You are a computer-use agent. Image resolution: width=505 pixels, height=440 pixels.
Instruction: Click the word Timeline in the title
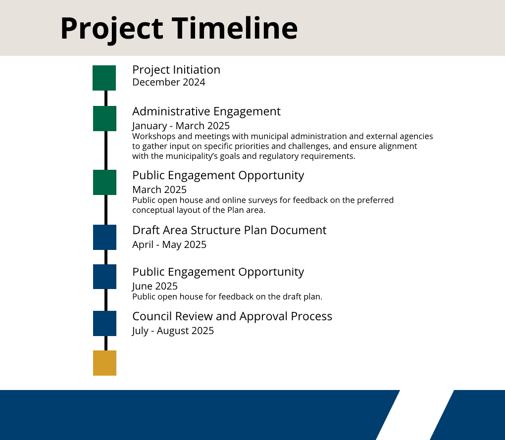pos(235,28)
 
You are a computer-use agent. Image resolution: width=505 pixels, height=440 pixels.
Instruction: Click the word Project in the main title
pos(112,30)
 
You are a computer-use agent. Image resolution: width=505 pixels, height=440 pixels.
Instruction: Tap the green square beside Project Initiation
pos(104,78)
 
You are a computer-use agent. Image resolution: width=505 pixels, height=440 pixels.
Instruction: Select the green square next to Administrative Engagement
pos(104,118)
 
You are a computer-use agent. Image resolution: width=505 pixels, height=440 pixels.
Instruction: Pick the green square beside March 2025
pos(104,182)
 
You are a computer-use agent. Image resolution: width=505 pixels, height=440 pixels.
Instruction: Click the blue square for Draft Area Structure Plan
pos(104,237)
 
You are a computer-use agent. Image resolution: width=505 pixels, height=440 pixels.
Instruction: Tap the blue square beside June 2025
pos(104,277)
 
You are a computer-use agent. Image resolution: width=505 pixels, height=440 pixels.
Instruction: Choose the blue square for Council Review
pos(104,324)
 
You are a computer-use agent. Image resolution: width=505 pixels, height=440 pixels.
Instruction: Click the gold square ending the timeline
pos(104,363)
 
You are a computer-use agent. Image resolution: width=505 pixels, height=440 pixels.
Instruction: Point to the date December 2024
pos(169,82)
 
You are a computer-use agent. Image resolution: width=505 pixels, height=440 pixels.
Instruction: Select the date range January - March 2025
pos(181,126)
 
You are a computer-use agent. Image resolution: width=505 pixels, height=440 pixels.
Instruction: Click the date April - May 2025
pos(169,245)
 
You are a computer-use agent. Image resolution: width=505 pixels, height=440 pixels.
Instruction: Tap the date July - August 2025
pos(173,331)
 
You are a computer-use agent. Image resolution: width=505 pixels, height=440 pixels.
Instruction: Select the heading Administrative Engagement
pos(206,112)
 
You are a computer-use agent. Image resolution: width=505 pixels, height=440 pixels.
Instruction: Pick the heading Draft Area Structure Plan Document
pos(229,230)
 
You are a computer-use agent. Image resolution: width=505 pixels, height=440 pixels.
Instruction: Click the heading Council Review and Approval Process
pos(232,317)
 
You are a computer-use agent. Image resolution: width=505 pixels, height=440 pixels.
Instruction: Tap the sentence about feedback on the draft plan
pos(227,297)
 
